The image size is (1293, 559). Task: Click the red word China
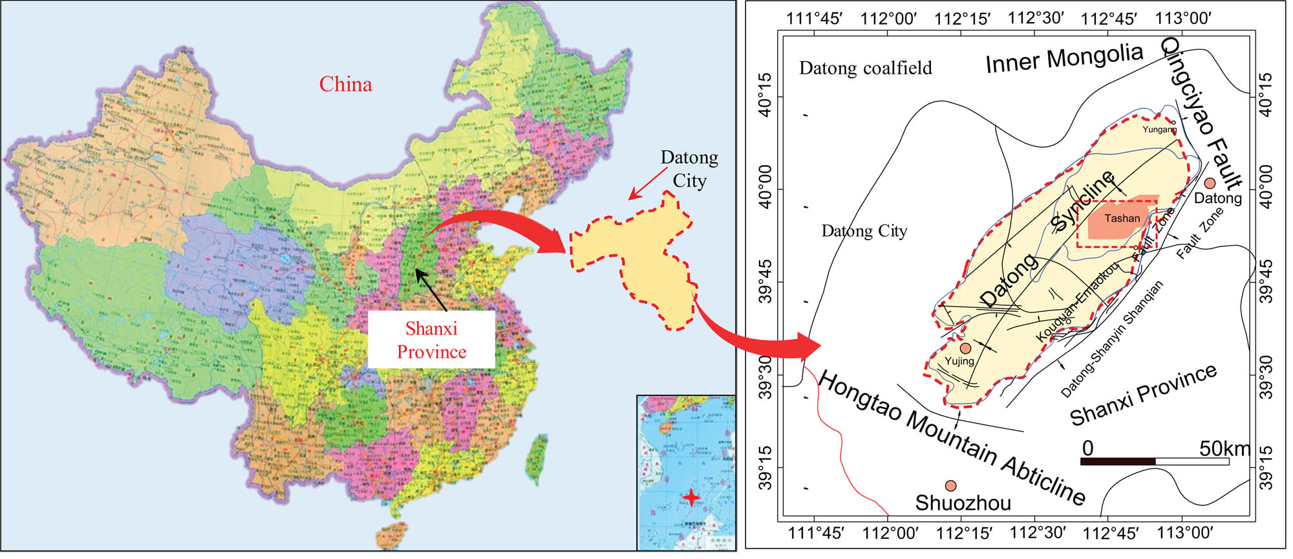(345, 84)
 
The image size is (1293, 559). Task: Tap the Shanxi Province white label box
(431, 340)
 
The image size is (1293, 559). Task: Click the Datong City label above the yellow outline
(689, 169)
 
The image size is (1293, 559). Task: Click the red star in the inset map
(692, 498)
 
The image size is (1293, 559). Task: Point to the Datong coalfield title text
(865, 68)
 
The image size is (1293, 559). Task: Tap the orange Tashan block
(1122, 219)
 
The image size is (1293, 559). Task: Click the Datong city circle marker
(1210, 183)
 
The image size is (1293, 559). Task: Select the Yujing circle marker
(965, 348)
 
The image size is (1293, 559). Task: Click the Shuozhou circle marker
(950, 486)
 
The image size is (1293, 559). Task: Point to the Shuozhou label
(963, 503)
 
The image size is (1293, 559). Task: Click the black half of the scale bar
(1118, 461)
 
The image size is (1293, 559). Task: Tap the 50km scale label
(1224, 448)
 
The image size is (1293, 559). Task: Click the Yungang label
(1159, 129)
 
